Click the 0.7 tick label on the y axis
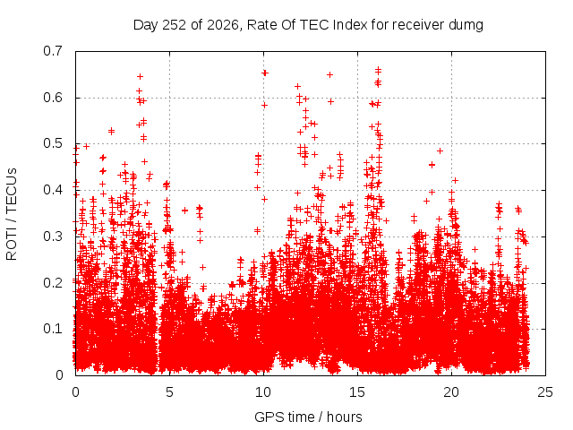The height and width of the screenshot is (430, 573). coord(53,51)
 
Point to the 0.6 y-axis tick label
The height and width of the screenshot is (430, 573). coord(53,98)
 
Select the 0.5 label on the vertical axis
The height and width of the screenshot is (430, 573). coord(53,143)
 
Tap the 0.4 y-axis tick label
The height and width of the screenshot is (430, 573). coord(53,190)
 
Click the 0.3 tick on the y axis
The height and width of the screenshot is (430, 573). coord(53,236)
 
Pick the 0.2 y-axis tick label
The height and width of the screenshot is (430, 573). coord(53,283)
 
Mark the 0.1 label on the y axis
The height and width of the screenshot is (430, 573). coord(53,329)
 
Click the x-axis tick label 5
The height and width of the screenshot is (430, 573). coord(169,392)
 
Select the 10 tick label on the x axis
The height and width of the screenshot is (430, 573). coord(263,392)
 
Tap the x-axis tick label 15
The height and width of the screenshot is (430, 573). coord(357,392)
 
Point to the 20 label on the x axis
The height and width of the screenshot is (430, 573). coord(451,392)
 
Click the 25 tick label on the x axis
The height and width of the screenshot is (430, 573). coord(545,392)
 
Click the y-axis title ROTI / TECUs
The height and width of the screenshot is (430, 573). coord(12,214)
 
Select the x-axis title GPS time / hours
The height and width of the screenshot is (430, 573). coord(308,417)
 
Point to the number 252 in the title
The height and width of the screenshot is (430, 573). coord(174,25)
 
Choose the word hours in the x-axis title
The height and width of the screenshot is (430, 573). coord(344,417)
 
